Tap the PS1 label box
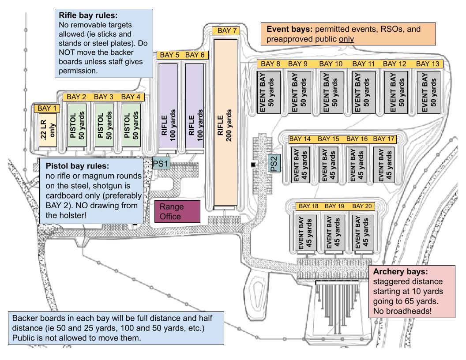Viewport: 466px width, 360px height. pos(161,163)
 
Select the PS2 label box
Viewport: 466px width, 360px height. pos(273,163)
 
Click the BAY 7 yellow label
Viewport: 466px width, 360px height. pos(227,31)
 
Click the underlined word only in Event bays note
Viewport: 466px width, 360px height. pos(346,39)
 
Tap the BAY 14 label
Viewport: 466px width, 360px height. pos(301,139)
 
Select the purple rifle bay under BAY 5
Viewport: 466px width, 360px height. pos(168,105)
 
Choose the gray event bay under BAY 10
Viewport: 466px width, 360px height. pos(330,91)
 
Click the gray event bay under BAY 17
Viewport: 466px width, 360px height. pos(384,164)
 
